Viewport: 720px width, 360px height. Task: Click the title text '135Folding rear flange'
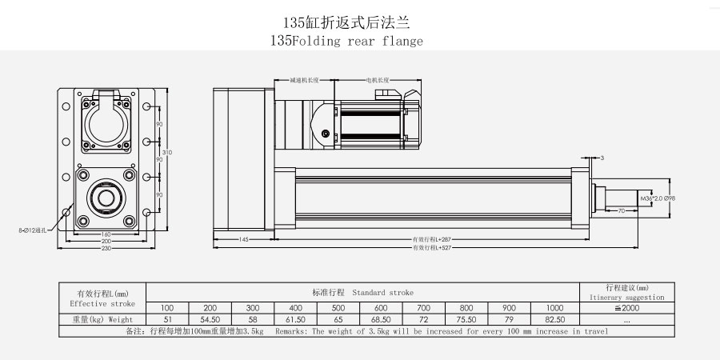click(346, 41)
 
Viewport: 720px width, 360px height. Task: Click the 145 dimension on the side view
click(244, 239)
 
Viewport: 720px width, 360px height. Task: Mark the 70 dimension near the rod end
click(621, 211)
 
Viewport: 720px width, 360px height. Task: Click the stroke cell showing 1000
click(553, 308)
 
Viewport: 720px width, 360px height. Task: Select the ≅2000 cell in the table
click(626, 308)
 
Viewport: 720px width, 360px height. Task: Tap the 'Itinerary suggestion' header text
click(626, 296)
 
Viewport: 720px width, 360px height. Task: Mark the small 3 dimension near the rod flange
click(601, 158)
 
